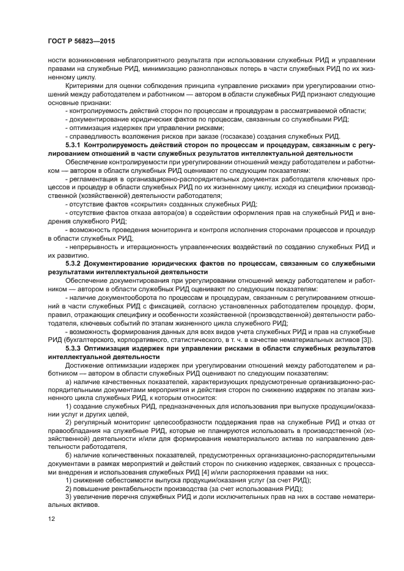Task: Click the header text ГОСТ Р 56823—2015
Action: [81, 40]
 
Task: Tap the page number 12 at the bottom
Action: [51, 519]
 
